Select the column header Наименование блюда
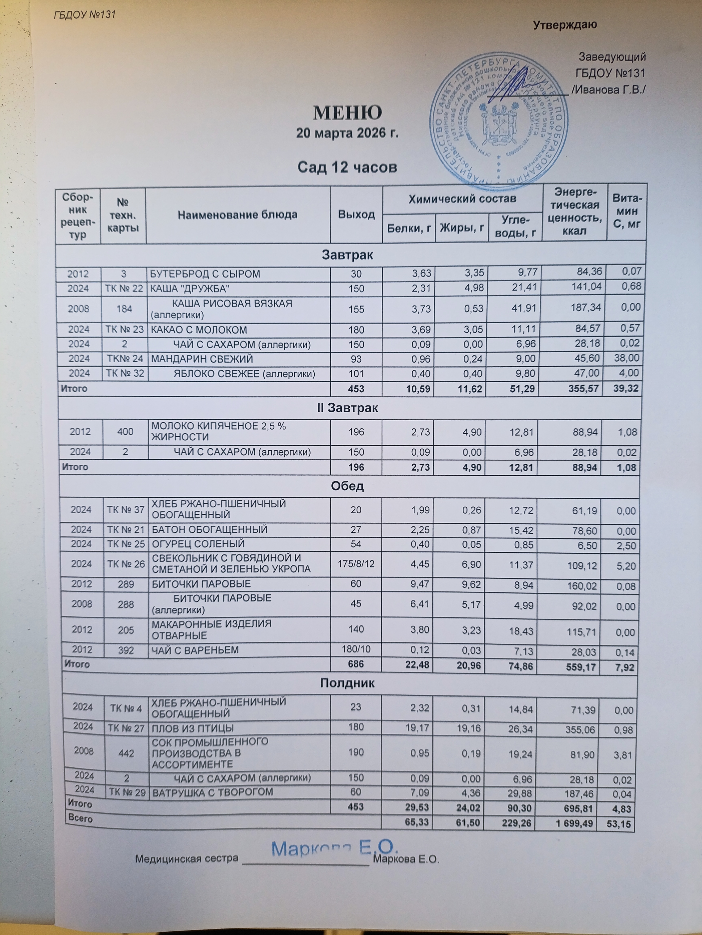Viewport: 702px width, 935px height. pyautogui.click(x=238, y=215)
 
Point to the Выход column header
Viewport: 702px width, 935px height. pyautogui.click(x=356, y=215)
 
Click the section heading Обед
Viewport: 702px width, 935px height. pyautogui.click(x=347, y=486)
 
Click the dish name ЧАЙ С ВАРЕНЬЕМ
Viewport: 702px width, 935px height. pyautogui.click(x=195, y=650)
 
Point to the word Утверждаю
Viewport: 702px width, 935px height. pyautogui.click(x=565, y=25)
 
